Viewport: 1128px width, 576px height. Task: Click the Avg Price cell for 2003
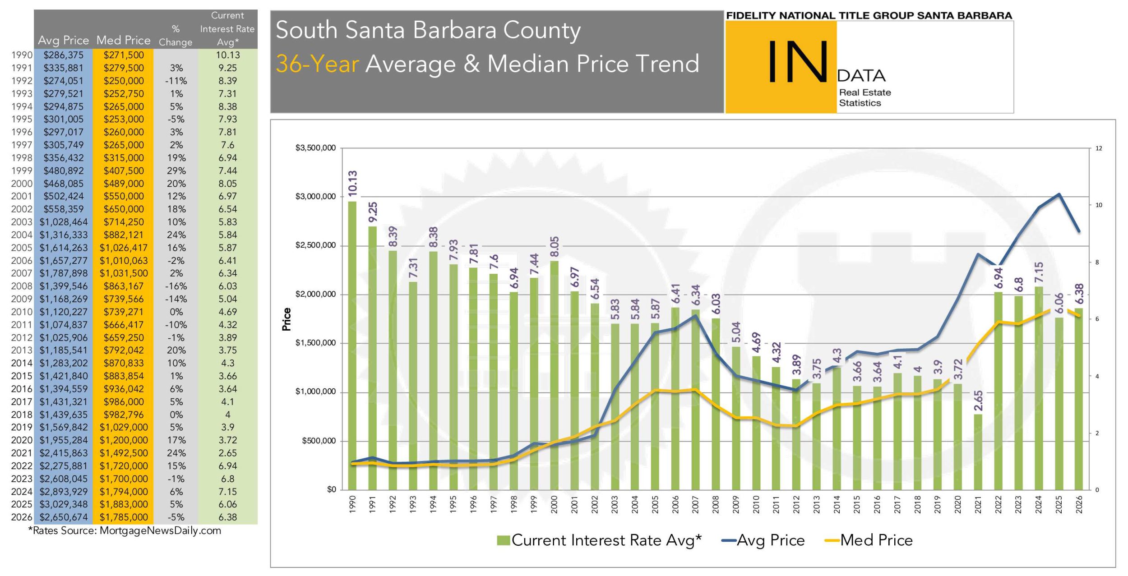[x=64, y=222]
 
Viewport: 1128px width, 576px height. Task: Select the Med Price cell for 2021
[x=124, y=453]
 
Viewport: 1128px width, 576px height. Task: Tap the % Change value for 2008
[x=176, y=286]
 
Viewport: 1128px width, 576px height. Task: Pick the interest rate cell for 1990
[x=227, y=55]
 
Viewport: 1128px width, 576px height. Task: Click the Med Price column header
[x=123, y=40]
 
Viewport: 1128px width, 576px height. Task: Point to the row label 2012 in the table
[x=22, y=337]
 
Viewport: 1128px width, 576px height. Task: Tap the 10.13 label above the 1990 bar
[x=353, y=183]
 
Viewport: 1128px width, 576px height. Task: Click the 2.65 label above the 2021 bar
[x=978, y=401]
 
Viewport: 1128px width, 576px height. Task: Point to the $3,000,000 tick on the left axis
[x=315, y=197]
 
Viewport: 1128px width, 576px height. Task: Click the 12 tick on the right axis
[x=1098, y=148]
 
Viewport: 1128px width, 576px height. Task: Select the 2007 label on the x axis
[x=695, y=504]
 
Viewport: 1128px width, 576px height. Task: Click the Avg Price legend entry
[x=763, y=540]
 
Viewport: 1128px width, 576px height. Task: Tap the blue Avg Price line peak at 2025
[x=1059, y=194]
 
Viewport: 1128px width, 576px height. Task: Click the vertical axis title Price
[x=287, y=319]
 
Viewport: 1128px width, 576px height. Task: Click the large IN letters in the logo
[x=798, y=61]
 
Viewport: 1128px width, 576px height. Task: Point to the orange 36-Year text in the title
[x=317, y=64]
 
